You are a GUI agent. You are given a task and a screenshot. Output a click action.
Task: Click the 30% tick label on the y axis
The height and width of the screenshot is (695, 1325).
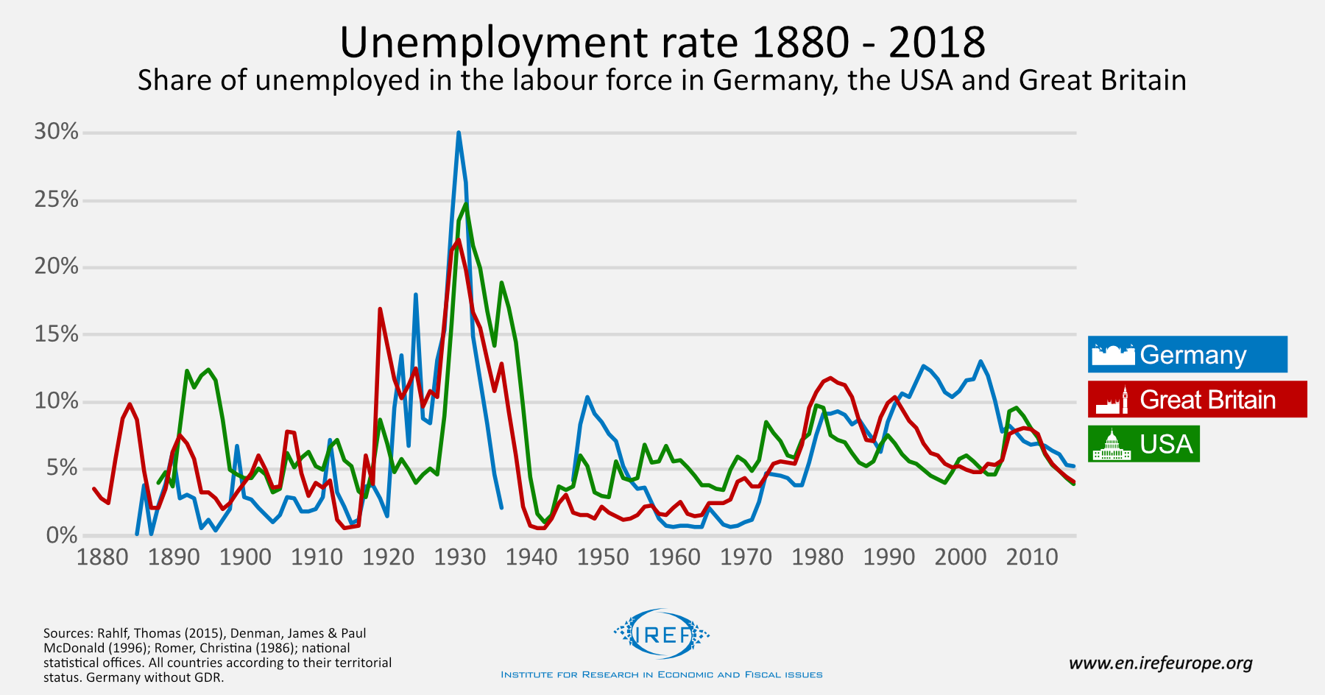pyautogui.click(x=56, y=132)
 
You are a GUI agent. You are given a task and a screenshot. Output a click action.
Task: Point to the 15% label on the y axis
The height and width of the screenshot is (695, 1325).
pyautogui.click(x=56, y=334)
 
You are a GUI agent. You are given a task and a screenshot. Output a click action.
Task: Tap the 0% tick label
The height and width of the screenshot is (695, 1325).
pyautogui.click(x=62, y=535)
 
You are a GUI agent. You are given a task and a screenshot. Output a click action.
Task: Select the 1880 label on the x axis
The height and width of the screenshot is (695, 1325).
pyautogui.click(x=102, y=557)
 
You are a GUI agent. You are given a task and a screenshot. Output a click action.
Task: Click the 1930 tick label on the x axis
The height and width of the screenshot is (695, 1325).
pyautogui.click(x=460, y=557)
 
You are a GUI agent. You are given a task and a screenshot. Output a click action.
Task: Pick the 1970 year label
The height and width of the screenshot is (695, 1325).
pyautogui.click(x=746, y=557)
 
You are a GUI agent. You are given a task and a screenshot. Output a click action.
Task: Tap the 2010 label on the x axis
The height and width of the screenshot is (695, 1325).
pyautogui.click(x=1032, y=557)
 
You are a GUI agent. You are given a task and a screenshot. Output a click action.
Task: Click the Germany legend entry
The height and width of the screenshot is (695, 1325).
pyautogui.click(x=1187, y=355)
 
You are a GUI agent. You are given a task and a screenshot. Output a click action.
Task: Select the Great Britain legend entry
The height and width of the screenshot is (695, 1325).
pyautogui.click(x=1198, y=400)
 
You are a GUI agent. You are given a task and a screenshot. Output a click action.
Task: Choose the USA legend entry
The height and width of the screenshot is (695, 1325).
pyautogui.click(x=1144, y=445)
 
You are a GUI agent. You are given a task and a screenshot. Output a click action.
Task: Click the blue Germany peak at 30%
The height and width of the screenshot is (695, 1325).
pyautogui.click(x=459, y=133)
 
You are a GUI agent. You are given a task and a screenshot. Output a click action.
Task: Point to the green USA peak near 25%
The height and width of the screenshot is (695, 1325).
pyautogui.click(x=466, y=204)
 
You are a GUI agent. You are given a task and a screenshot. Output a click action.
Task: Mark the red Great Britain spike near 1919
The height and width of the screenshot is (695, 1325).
pyautogui.click(x=380, y=309)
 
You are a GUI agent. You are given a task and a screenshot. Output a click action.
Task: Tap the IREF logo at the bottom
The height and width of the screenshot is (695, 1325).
pyautogui.click(x=661, y=633)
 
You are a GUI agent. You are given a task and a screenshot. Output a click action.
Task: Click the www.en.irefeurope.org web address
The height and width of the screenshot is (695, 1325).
pyautogui.click(x=1160, y=663)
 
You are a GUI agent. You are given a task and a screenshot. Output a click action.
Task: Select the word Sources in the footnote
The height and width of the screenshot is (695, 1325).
pyautogui.click(x=68, y=633)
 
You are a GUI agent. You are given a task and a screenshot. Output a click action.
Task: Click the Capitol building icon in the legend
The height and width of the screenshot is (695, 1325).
pyautogui.click(x=1112, y=445)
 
